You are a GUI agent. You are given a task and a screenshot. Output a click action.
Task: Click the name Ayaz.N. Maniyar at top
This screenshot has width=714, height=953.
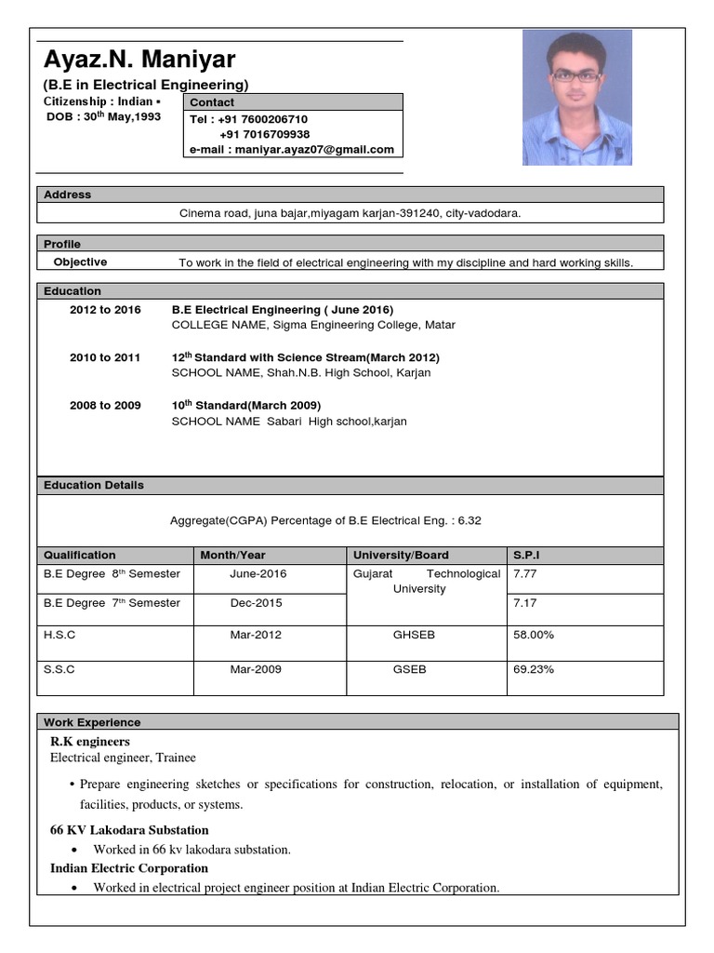[139, 61]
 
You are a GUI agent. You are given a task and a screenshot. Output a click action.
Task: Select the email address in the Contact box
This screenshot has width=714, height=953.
[292, 149]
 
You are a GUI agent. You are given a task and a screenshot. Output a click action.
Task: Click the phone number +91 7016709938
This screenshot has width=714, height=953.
[264, 134]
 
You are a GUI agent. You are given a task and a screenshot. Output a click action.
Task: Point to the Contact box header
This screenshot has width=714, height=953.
[213, 102]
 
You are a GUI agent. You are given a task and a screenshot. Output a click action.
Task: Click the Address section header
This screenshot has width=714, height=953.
[68, 195]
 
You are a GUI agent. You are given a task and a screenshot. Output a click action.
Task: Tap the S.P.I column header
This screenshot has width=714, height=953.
[527, 555]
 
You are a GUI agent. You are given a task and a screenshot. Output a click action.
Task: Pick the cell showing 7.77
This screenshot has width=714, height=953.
[525, 574]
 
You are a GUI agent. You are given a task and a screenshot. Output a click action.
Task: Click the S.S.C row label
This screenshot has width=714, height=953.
[59, 669]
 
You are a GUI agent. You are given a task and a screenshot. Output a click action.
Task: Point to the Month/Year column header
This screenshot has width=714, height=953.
[232, 555]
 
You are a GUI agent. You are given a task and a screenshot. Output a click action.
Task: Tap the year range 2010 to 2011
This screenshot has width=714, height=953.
[105, 357]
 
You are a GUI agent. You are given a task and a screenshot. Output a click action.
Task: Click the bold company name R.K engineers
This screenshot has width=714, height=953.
[89, 742]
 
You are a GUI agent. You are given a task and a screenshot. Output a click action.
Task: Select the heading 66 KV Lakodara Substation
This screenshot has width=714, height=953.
[129, 829]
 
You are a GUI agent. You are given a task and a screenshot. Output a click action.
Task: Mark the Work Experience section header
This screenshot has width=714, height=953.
[92, 722]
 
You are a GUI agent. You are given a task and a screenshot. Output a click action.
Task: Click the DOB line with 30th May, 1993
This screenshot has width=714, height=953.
[103, 117]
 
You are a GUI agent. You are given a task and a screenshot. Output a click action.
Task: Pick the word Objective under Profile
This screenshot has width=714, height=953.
[80, 262]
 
